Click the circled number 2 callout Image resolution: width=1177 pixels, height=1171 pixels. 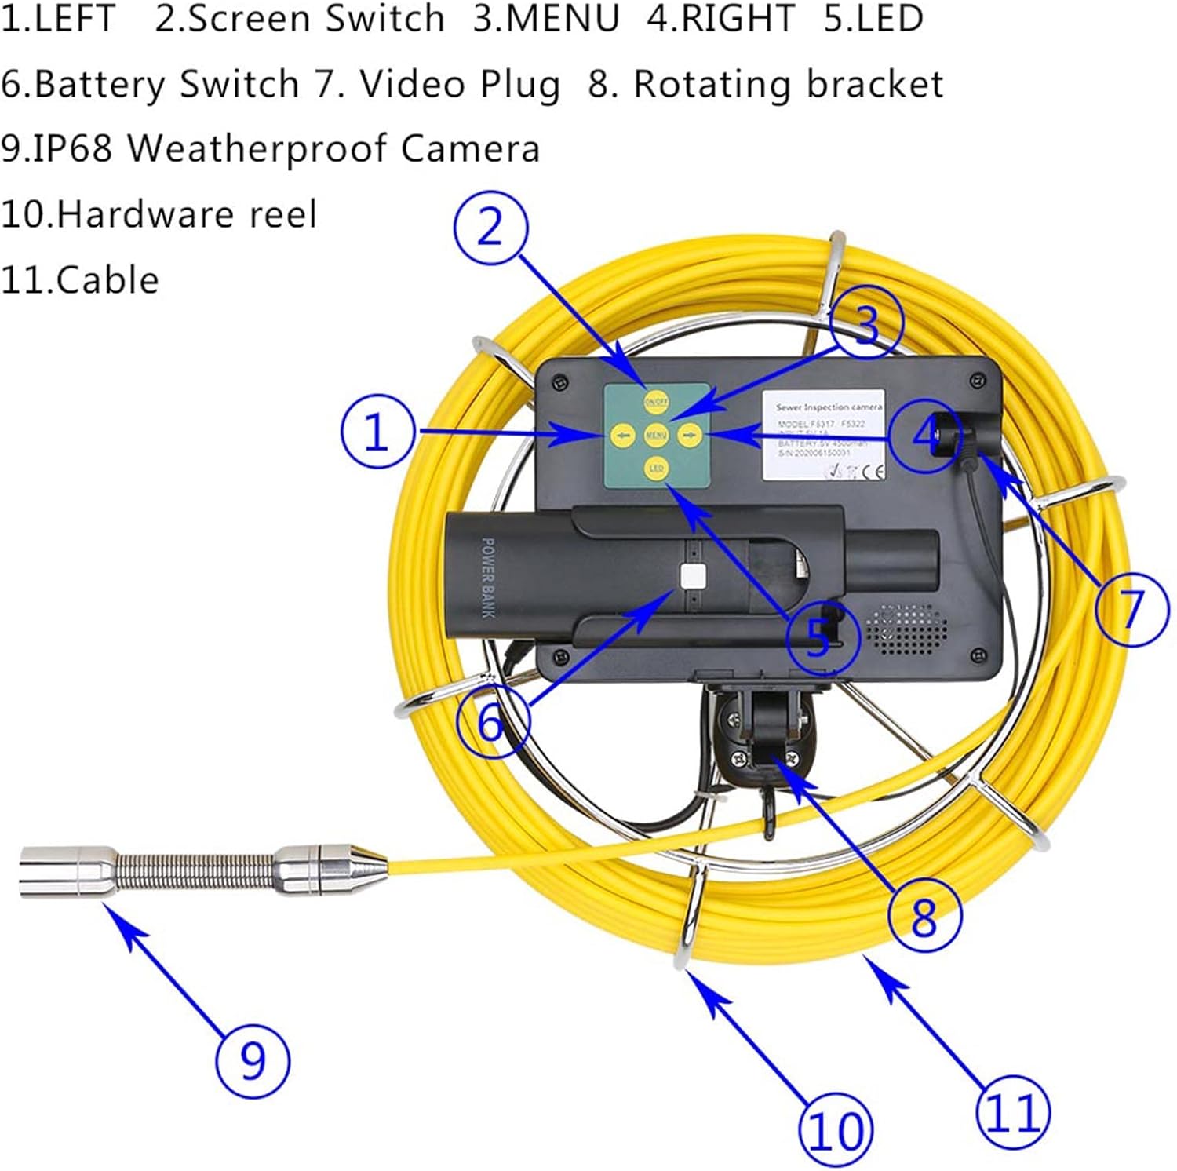(x=490, y=228)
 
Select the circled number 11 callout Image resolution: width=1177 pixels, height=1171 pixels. (x=1012, y=1112)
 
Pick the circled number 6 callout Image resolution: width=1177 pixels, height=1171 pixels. (x=492, y=720)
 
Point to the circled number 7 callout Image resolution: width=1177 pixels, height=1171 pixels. (x=1131, y=607)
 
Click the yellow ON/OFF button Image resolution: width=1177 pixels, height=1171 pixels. (x=656, y=402)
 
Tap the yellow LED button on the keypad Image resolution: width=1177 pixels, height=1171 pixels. (x=656, y=469)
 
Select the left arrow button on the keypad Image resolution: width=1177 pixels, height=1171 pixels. (x=623, y=435)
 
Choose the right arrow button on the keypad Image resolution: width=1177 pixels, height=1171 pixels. (x=688, y=435)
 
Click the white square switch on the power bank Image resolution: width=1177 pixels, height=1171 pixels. (x=693, y=578)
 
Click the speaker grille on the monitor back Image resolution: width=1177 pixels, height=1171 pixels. (x=906, y=629)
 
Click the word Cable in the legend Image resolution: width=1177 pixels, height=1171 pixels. (x=107, y=280)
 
